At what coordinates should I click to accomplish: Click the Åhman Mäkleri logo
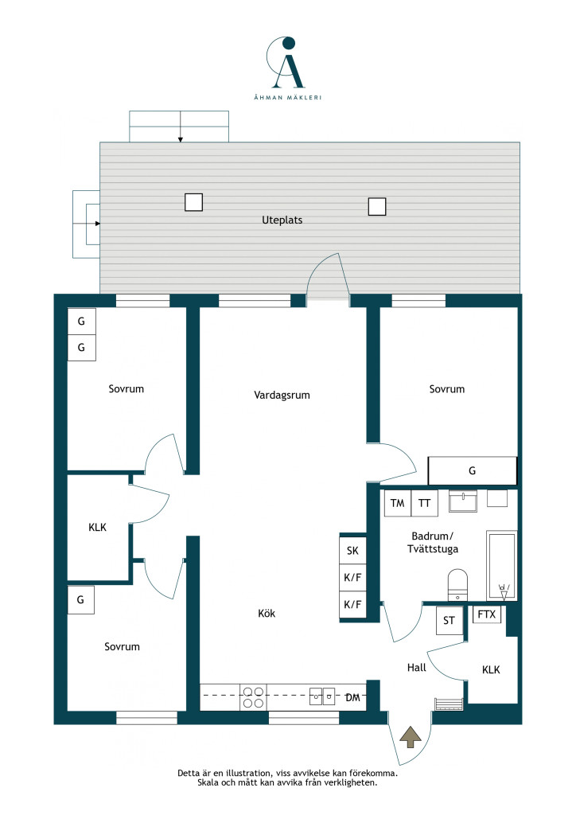point(287,68)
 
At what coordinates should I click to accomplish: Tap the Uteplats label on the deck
point(282,220)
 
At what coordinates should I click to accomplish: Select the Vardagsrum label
point(282,395)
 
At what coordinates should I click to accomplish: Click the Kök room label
point(267,614)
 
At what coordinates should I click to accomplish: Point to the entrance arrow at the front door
point(411,737)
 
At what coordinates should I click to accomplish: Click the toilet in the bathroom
point(457,585)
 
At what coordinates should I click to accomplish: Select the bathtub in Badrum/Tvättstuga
point(502,566)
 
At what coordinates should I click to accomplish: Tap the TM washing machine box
point(397,503)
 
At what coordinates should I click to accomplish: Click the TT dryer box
point(424,503)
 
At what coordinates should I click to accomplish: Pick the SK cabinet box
point(352,551)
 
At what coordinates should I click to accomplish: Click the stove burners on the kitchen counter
point(253,697)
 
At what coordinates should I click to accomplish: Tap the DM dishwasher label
point(353,697)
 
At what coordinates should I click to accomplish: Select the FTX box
point(487,614)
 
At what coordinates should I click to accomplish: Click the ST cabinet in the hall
point(450,621)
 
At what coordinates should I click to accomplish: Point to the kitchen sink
point(322,696)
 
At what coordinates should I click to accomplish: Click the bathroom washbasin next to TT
point(463,501)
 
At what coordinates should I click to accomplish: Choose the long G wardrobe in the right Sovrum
point(472,470)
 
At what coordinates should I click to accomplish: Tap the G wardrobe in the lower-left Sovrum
point(80,600)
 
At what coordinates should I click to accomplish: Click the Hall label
point(417,668)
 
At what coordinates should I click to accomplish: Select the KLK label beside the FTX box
point(491,669)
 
